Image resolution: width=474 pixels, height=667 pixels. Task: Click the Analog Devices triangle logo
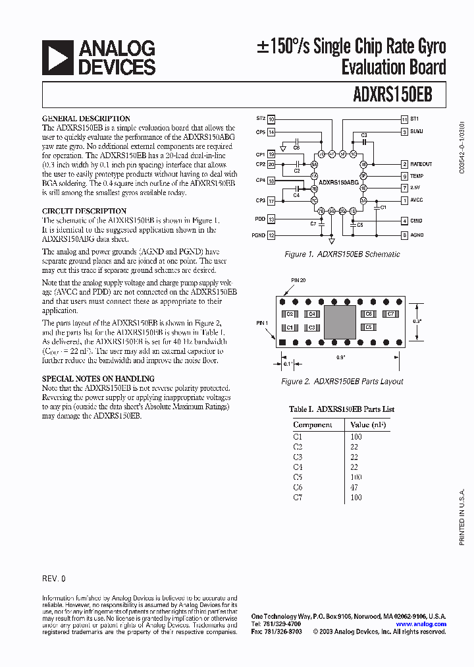57,57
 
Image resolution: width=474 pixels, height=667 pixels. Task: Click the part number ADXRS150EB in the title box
393,94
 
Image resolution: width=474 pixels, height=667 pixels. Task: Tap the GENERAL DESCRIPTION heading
86,119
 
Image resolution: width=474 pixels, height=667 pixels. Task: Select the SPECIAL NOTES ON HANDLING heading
98,379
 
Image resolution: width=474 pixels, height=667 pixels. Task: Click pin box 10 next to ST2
271,119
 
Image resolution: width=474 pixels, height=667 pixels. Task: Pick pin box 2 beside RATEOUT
404,164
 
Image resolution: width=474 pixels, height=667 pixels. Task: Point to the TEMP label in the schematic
417,176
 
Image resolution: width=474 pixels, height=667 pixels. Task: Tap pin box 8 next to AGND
404,235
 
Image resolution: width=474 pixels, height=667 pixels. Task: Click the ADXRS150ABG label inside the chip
339,181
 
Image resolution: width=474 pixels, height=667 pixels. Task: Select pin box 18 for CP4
271,180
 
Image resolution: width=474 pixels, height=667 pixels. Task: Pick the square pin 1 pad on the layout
282,342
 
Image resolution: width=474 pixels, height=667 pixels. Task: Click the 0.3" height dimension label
417,321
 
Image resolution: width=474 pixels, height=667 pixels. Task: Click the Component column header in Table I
312,425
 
